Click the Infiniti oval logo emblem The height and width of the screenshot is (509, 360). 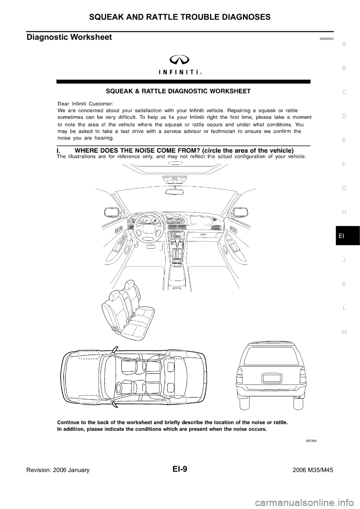tap(183, 58)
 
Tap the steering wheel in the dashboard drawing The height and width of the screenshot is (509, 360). tap(147, 226)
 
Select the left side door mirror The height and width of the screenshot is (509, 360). tap(113, 212)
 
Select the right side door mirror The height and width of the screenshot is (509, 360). tap(238, 212)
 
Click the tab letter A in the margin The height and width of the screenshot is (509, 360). tap(344, 44)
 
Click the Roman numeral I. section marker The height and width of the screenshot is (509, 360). tap(59, 150)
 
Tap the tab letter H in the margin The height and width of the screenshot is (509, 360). tap(344, 212)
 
